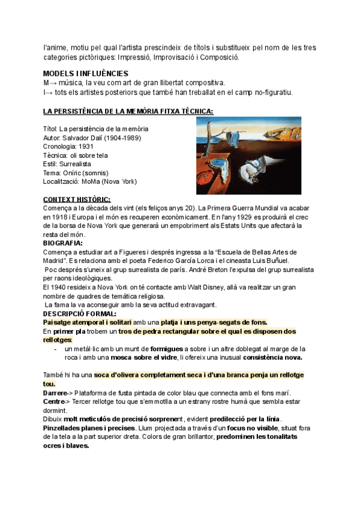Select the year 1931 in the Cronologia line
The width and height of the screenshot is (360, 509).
coord(87,146)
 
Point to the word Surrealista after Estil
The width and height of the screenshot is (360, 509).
coord(75,163)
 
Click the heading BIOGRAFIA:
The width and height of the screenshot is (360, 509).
coord(63,243)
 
